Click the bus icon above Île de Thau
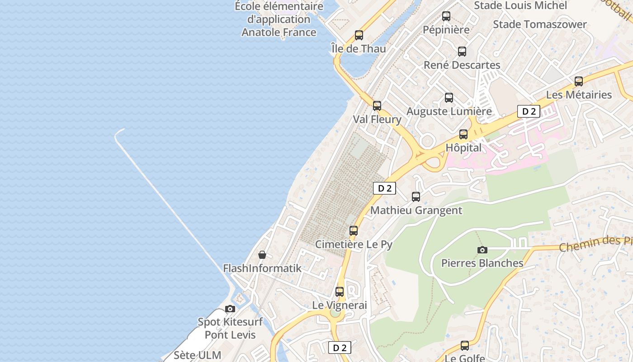[359, 35]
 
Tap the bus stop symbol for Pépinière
[446, 16]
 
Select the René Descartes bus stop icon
[462, 52]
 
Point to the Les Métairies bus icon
[579, 81]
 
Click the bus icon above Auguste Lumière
[449, 97]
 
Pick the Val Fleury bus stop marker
[377, 106]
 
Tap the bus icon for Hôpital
[463, 134]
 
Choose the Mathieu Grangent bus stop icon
[416, 197]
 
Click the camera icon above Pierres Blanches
[482, 250]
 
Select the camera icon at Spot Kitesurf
[230, 309]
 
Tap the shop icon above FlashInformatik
[262, 255]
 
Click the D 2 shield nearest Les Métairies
[529, 111]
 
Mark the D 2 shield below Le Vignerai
[340, 348]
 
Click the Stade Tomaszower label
[540, 24]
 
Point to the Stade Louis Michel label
[520, 5]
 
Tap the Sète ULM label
[198, 355]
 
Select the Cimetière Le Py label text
[354, 244]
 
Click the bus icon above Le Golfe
[464, 346]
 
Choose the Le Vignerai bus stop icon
[340, 292]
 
